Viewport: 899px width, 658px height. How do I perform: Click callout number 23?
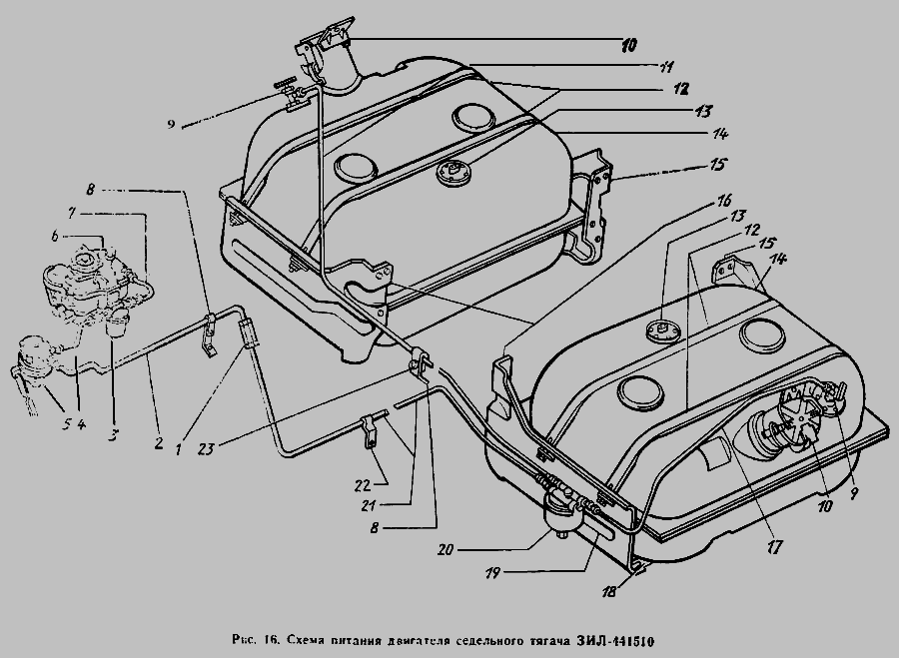[206, 447]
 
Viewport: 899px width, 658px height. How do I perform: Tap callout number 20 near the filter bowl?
[445, 549]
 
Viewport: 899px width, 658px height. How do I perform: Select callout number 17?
[774, 547]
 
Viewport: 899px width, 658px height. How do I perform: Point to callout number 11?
[665, 67]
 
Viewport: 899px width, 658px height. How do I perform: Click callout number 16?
[725, 200]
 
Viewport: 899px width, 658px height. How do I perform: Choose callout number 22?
[362, 485]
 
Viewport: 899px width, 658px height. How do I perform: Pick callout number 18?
[609, 591]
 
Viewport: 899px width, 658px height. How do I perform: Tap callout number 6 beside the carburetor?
[55, 235]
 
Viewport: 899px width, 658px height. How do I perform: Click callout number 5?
[67, 424]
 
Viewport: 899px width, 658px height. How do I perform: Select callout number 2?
[159, 442]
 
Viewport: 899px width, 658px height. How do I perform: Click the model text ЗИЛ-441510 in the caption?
[614, 640]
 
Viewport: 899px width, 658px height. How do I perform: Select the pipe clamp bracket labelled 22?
[368, 431]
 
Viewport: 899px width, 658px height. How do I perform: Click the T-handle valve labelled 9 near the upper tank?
[289, 92]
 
